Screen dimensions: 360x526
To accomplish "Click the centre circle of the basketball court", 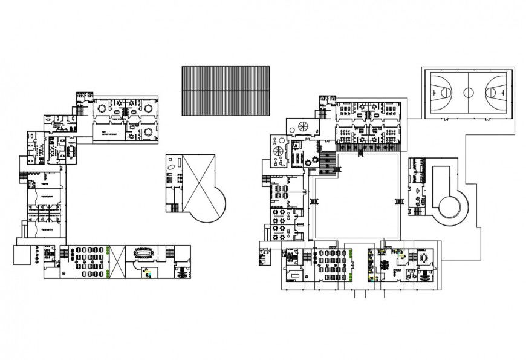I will pos(469,93).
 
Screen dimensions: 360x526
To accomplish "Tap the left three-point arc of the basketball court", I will pos(446,93).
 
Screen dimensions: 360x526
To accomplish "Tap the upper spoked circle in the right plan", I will pos(301,126).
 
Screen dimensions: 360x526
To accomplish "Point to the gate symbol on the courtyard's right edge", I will pos(398,201).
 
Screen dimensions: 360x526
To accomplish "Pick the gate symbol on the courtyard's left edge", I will pos(313,201).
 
